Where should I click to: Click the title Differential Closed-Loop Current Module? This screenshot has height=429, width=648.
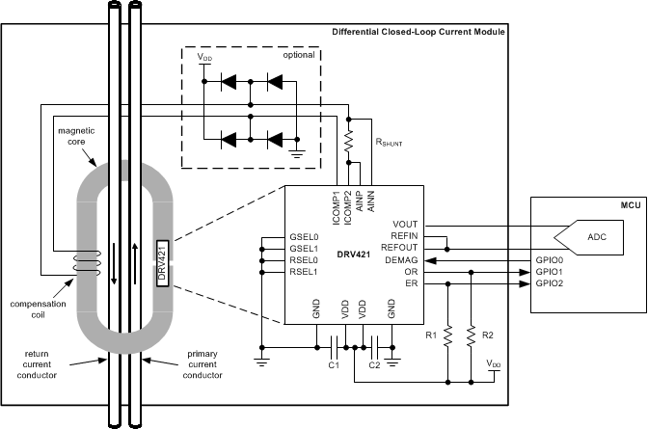[418, 32]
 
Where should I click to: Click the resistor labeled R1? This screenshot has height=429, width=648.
[448, 336]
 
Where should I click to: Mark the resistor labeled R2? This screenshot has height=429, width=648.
[472, 336]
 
